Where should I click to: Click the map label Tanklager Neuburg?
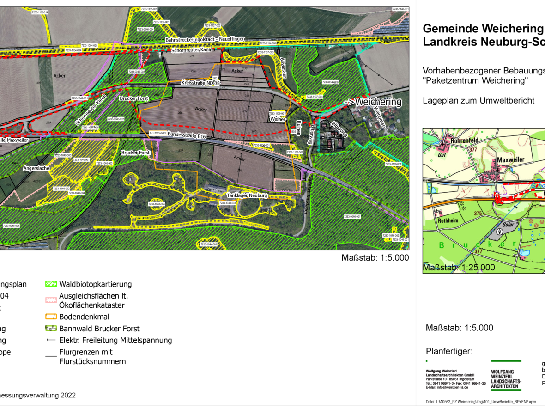point(246,196)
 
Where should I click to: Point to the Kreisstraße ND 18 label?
point(201,83)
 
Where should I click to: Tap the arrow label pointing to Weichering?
point(373,102)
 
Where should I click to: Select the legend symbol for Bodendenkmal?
point(51,317)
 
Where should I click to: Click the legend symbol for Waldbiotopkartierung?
point(51,284)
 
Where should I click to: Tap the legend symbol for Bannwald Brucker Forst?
point(51,329)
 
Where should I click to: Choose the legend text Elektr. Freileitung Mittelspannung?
point(115,341)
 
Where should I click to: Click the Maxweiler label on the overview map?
point(510,159)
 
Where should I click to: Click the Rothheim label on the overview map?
point(442,220)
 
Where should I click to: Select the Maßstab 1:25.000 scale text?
point(459,268)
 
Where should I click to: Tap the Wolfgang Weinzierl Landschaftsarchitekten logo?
point(506,375)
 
